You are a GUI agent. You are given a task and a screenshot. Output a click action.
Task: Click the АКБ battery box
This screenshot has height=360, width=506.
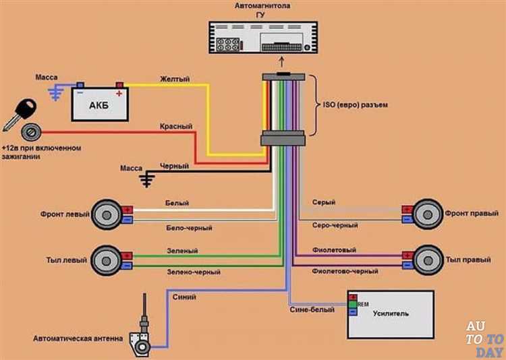pyautogui.click(x=100, y=104)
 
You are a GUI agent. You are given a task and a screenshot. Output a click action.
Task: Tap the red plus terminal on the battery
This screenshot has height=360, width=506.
pyautogui.click(x=119, y=85)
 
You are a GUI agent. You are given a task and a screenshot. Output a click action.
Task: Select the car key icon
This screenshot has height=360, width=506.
pyautogui.click(x=19, y=115)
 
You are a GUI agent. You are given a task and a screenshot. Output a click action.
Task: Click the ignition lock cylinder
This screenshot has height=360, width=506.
pyautogui.click(x=31, y=132)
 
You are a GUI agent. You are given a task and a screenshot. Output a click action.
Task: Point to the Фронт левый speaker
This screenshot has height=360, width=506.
pyautogui.click(x=107, y=214)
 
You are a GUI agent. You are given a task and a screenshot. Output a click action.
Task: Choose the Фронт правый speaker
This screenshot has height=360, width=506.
pyautogui.click(x=428, y=214)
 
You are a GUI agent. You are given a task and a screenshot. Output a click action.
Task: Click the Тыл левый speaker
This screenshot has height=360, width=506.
pyautogui.click(x=106, y=260)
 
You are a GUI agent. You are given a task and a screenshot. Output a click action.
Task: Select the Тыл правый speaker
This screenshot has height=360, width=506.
pyautogui.click(x=428, y=260)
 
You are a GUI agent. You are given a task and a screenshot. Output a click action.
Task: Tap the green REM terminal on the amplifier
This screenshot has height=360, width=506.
pyautogui.click(x=352, y=304)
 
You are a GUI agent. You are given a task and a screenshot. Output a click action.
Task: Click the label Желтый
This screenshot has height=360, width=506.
pyautogui.click(x=175, y=79)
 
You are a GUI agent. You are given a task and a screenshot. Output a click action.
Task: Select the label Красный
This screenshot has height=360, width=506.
pyautogui.click(x=176, y=126)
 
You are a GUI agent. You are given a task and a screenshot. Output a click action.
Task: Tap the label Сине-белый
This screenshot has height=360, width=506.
pyautogui.click(x=312, y=309)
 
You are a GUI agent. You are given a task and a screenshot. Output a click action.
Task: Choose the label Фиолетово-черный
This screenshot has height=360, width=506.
pyautogui.click(x=345, y=271)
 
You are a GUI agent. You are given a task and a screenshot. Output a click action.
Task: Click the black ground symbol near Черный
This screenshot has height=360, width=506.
pyautogui.click(x=147, y=179)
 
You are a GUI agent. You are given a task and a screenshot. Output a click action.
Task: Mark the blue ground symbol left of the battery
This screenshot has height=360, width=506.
pyautogui.click(x=55, y=92)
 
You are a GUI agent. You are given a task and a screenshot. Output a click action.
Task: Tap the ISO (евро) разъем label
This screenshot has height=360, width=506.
pyautogui.click(x=356, y=105)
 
